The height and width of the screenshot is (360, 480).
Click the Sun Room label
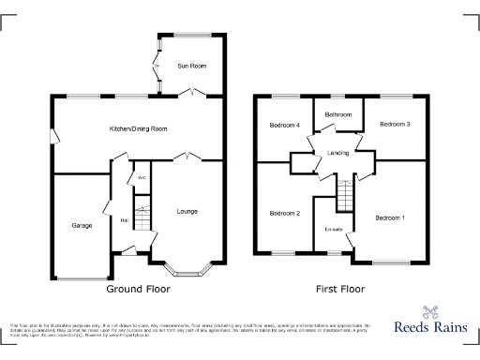(x=191, y=67)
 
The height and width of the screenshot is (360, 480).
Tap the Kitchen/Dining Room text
(x=138, y=127)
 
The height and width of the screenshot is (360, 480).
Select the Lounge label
(x=187, y=211)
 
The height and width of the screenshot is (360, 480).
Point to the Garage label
(x=82, y=226)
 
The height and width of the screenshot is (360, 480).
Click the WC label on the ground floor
(x=142, y=177)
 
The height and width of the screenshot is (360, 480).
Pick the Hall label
(x=124, y=220)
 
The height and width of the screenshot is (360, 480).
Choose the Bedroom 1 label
(x=390, y=217)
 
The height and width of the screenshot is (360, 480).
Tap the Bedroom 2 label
(x=284, y=213)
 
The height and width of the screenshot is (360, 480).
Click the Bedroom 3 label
(x=395, y=124)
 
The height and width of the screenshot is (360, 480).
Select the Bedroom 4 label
(x=284, y=125)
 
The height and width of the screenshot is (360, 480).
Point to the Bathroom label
(x=337, y=114)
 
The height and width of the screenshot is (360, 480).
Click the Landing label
(x=337, y=153)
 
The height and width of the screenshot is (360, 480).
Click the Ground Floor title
(x=138, y=289)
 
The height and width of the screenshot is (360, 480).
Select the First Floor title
(x=338, y=289)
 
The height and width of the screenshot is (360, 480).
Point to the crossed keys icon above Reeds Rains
(x=430, y=313)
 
